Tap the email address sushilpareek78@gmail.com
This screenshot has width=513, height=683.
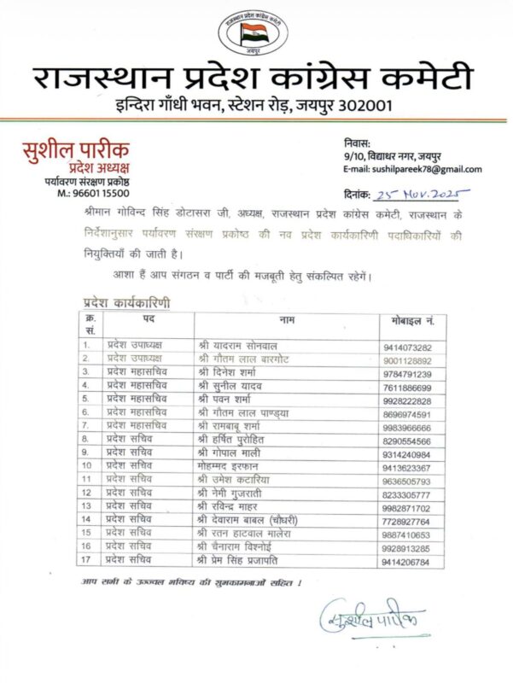point(415,169)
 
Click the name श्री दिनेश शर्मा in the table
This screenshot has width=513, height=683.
point(228,372)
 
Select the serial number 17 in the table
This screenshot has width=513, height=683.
point(86,560)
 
